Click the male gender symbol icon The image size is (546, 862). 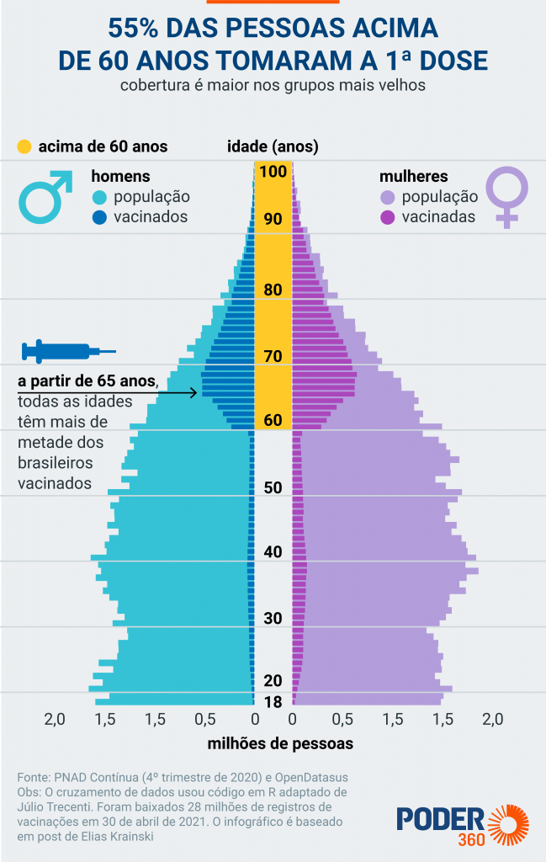pyautogui.click(x=47, y=197)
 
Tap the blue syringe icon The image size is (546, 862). pyautogui.click(x=67, y=350)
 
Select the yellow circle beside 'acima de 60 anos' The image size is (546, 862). pyautogui.click(x=24, y=146)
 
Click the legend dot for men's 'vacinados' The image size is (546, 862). pyautogui.click(x=99, y=217)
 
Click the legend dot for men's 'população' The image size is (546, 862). pyautogui.click(x=99, y=197)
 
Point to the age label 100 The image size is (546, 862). pyautogui.click(x=273, y=172)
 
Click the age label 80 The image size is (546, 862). pyautogui.click(x=273, y=290)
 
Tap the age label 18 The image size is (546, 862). pyautogui.click(x=273, y=703)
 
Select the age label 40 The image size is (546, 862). pyautogui.click(x=273, y=552)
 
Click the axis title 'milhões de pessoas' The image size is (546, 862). pyautogui.click(x=280, y=744)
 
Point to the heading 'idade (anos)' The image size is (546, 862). pyautogui.click(x=273, y=146)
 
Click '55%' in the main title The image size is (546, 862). pyautogui.click(x=136, y=29)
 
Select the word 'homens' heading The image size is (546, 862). pyautogui.click(x=120, y=177)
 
